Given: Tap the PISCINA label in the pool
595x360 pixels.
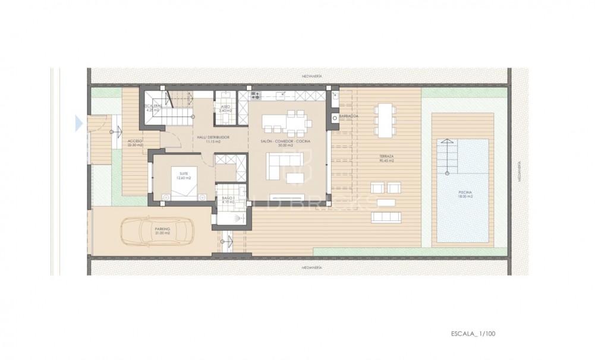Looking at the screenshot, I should [x=465, y=194].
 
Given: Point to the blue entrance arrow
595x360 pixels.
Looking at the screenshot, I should [x=78, y=124].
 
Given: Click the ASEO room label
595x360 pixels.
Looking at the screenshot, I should [x=225, y=109].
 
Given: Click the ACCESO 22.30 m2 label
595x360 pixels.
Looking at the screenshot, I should [x=134, y=143].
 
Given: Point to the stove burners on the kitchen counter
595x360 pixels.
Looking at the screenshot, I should [x=257, y=94].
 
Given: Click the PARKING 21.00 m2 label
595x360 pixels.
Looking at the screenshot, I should [x=162, y=230].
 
